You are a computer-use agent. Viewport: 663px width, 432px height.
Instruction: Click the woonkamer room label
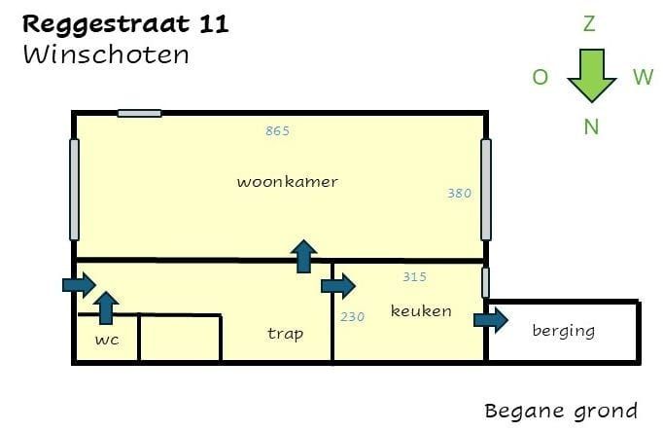pos(287,182)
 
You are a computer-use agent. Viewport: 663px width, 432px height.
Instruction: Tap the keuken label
pos(421,311)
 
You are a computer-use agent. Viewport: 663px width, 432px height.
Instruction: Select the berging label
pos(564,331)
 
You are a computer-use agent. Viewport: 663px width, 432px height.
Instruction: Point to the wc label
pos(107,340)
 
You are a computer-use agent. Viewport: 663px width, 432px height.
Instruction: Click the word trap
pos(286,334)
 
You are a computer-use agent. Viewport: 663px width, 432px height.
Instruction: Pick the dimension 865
pos(277,131)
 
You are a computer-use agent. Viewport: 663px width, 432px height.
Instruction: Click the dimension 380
pos(459,194)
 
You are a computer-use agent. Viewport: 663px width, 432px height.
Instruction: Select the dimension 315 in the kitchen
pos(414,276)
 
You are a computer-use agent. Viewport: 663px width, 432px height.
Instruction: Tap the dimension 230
pos(352,317)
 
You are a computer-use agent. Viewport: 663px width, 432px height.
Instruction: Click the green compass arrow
pos(591,75)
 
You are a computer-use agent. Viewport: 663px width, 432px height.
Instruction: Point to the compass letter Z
pos(589,23)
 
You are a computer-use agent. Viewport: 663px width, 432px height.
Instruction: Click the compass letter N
pos(591,126)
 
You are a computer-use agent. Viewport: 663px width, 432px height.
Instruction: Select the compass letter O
pos(540,78)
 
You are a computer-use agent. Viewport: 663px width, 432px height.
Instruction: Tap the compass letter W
pos(644,77)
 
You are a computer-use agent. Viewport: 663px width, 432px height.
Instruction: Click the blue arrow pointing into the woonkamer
pos(303,257)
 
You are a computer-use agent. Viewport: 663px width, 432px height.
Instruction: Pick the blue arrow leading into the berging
pos(491,320)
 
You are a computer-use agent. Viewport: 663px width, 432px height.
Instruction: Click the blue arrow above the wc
pos(106,308)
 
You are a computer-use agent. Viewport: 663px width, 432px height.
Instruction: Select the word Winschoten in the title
pos(106,55)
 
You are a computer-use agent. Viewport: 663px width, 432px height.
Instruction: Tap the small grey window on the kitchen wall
pos(486,282)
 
